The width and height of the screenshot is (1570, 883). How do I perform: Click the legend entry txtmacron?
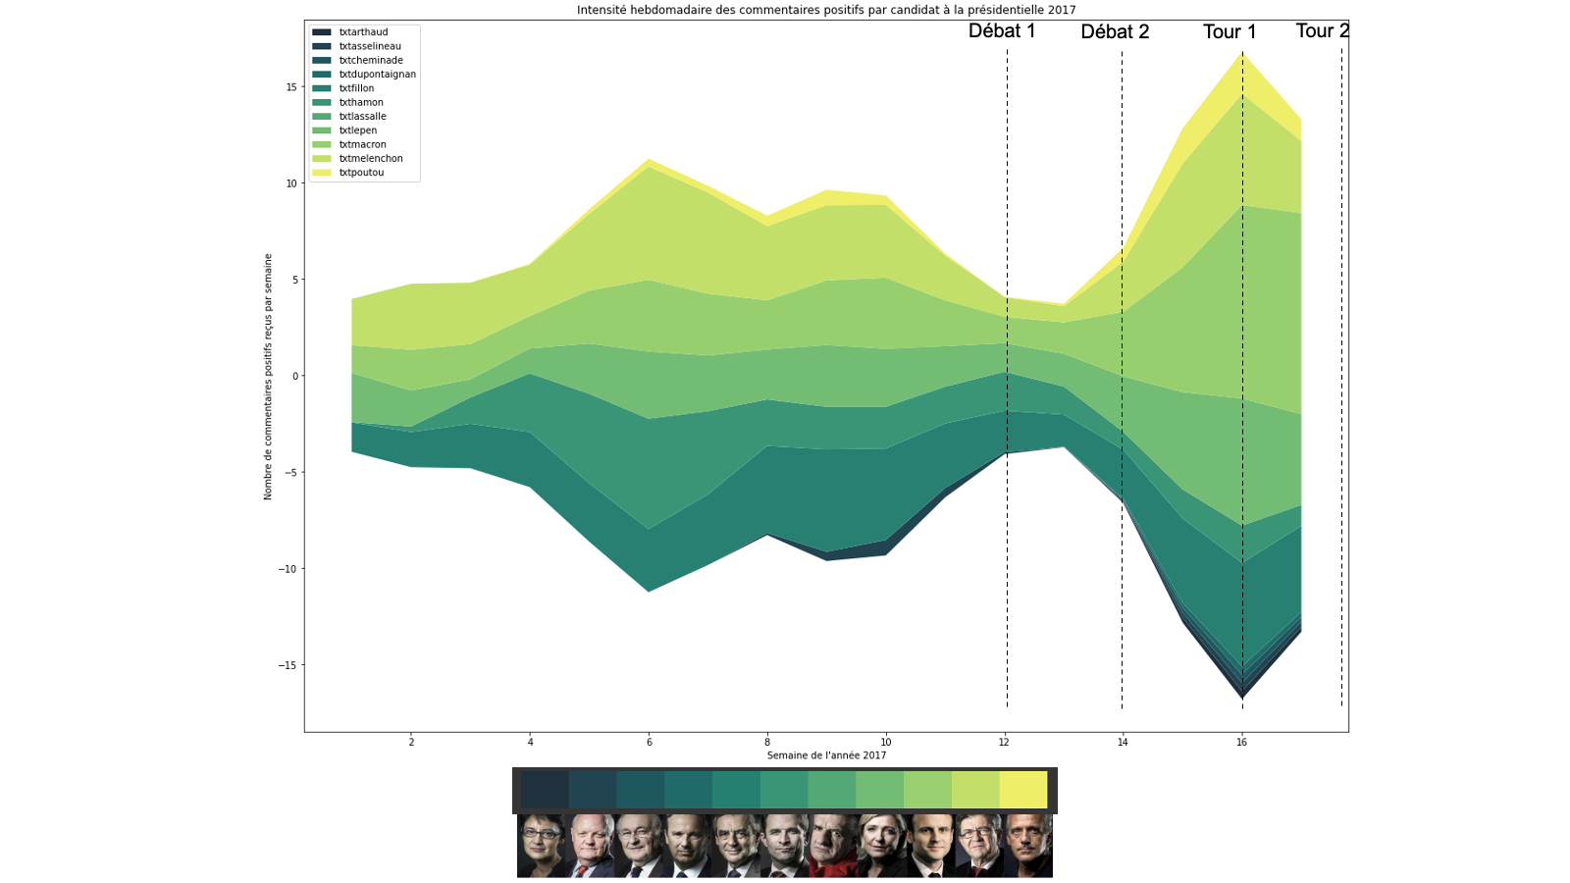(x=362, y=144)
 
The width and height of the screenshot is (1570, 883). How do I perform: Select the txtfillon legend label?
(x=356, y=88)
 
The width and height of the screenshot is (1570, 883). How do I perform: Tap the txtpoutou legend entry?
(x=361, y=173)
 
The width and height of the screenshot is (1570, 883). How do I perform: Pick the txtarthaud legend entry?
(x=363, y=32)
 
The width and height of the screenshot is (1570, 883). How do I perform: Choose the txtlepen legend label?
(x=358, y=130)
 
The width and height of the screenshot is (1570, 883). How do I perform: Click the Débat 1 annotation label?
(x=1002, y=30)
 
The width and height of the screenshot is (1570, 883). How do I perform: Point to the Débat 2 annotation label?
(x=1115, y=31)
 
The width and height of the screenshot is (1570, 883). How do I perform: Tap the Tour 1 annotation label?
(x=1230, y=31)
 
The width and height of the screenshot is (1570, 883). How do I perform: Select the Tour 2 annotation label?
(x=1322, y=30)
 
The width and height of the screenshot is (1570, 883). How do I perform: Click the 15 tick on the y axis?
(x=290, y=87)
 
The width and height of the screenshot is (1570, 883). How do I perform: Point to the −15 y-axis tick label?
(x=287, y=665)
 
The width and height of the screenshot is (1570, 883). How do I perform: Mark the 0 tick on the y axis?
(x=292, y=377)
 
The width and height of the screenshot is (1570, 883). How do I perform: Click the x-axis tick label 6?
(x=649, y=743)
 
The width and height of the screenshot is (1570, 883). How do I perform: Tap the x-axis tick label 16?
(x=1241, y=743)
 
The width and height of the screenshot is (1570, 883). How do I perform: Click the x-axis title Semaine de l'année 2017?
(x=826, y=755)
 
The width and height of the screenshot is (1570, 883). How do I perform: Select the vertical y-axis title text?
(x=268, y=377)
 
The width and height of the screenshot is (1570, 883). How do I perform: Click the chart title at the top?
(x=826, y=10)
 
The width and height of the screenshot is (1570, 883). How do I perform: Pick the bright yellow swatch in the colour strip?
(x=1023, y=790)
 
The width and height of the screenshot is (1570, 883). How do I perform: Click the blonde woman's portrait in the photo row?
(x=881, y=845)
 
